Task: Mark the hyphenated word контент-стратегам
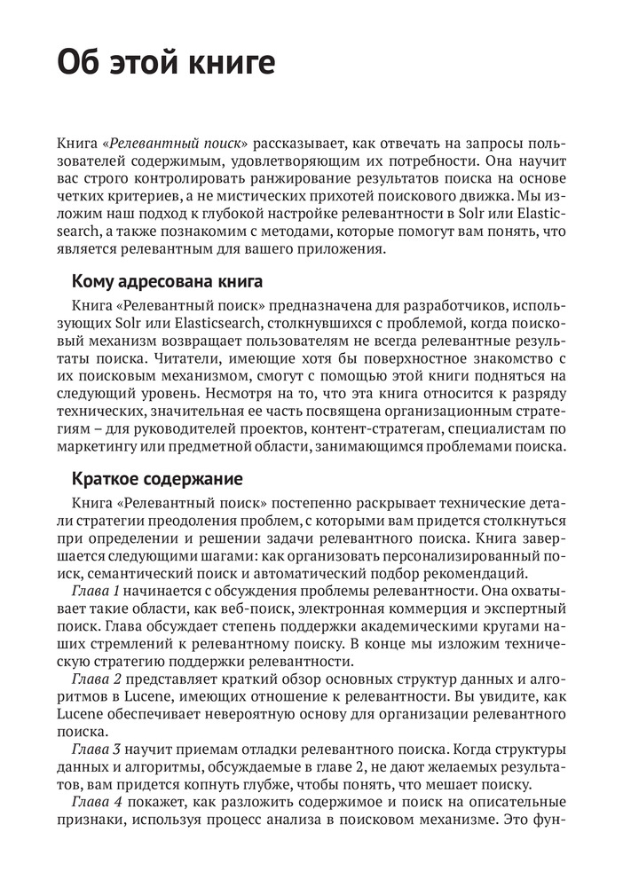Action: coord(373,435)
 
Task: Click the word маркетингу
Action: coord(99,452)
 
